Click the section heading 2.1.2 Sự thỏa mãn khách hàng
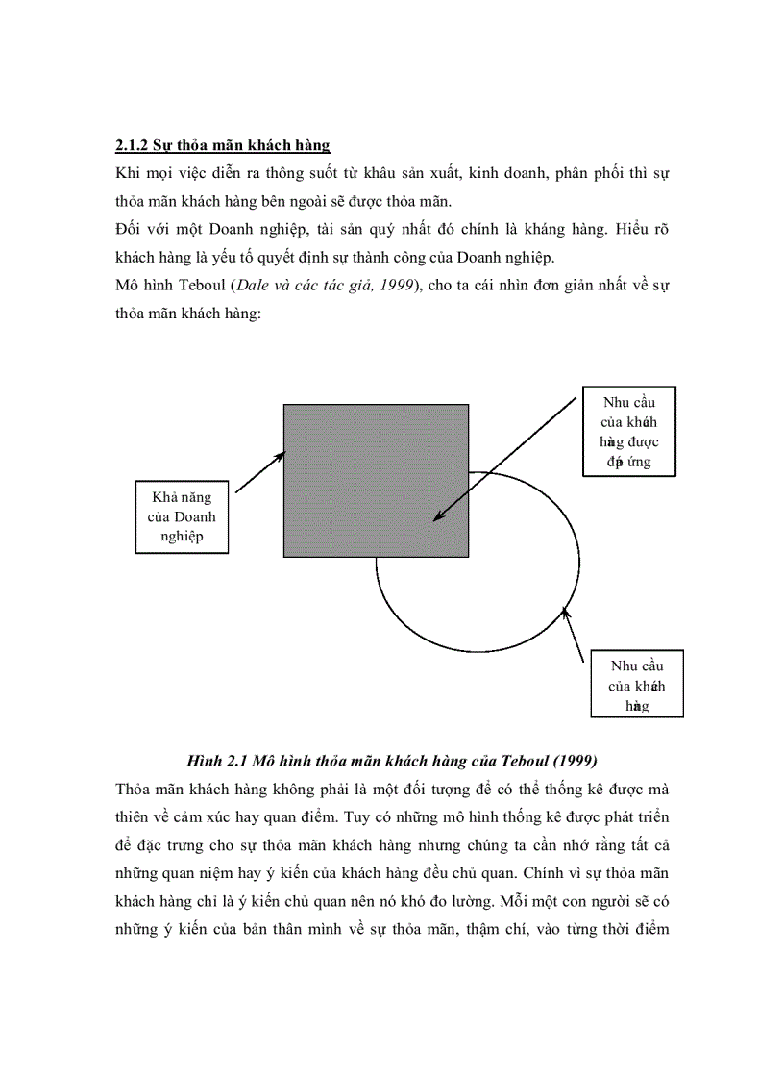coord(222,145)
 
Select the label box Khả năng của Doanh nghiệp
coord(182,517)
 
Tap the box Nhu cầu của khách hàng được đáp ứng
coord(628,431)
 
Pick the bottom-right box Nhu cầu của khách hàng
coord(636,685)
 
